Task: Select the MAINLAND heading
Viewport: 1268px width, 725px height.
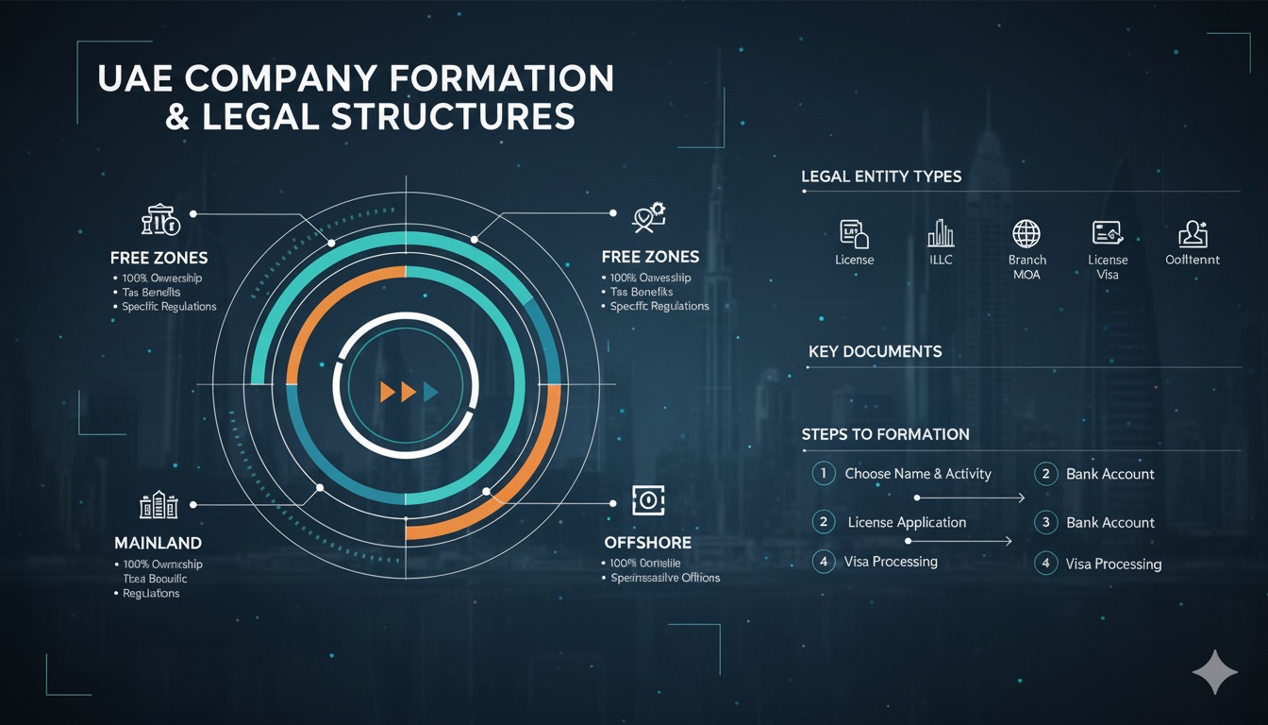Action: (158, 543)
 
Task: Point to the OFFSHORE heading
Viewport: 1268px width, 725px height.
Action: (647, 543)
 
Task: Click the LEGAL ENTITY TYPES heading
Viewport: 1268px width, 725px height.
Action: (881, 177)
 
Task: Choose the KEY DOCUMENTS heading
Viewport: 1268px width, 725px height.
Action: (875, 351)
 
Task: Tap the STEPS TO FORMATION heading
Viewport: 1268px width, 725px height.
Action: (885, 434)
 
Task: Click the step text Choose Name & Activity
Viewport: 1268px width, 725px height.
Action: (917, 474)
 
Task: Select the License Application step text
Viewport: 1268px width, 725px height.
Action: (907, 522)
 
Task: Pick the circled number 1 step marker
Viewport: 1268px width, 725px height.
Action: (824, 473)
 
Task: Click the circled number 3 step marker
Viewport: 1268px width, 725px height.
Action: (1045, 522)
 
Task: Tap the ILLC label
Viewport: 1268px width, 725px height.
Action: (941, 260)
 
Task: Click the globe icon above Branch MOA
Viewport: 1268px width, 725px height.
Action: (1026, 233)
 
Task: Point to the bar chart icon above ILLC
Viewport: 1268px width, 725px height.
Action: (941, 233)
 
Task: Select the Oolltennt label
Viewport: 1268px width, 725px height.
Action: (1193, 260)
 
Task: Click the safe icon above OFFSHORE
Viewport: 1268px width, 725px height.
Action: (648, 501)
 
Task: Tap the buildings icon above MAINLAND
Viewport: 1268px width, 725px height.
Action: (158, 505)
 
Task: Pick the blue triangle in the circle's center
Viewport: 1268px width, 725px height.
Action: (431, 391)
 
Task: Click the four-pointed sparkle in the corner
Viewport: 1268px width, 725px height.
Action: (1213, 670)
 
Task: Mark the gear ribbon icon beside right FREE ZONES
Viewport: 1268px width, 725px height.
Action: (648, 217)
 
